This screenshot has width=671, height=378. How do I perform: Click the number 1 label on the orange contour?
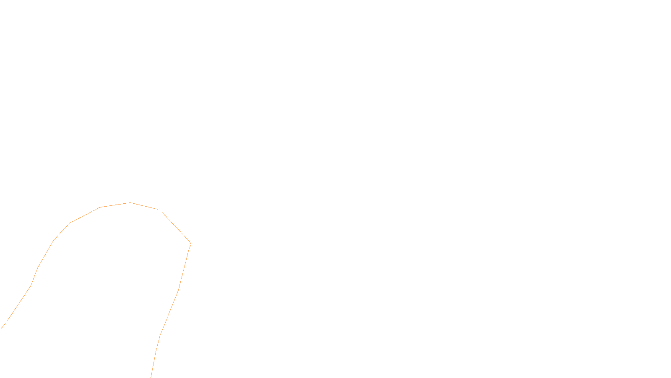160,209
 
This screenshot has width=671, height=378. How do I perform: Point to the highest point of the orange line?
130,202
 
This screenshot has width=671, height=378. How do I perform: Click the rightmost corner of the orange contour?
191,244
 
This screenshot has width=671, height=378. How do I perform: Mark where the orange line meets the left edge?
1,328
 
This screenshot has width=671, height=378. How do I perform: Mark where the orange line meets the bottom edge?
151,377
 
